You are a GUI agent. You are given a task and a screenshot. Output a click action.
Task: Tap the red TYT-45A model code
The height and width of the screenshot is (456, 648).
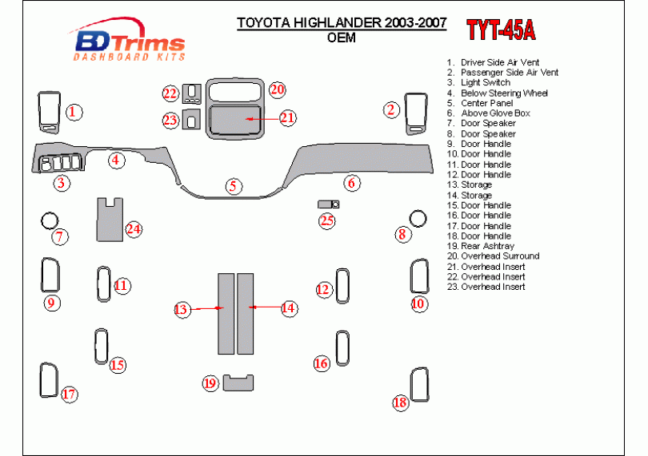pyautogui.click(x=501, y=30)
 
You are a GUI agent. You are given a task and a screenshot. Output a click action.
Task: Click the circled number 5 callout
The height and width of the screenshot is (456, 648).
pyautogui.click(x=234, y=186)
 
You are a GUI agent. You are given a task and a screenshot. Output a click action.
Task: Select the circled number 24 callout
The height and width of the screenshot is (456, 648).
pyautogui.click(x=134, y=230)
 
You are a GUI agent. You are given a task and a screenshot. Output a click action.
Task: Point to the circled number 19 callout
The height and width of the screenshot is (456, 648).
pyautogui.click(x=210, y=383)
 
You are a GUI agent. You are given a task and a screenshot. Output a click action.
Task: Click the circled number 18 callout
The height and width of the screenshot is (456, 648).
pyautogui.click(x=400, y=402)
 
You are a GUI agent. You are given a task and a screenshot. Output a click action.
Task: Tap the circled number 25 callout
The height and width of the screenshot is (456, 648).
pyautogui.click(x=327, y=220)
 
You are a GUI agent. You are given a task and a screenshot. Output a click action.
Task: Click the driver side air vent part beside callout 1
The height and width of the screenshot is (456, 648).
pyautogui.click(x=50, y=111)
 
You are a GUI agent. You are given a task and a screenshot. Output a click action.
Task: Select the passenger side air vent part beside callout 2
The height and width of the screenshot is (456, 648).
pyautogui.click(x=415, y=112)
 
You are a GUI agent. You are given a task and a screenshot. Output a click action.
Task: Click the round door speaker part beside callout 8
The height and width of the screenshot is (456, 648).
pyautogui.click(x=418, y=217)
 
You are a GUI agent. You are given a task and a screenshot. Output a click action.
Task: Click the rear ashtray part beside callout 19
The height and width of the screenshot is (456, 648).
pyautogui.click(x=238, y=383)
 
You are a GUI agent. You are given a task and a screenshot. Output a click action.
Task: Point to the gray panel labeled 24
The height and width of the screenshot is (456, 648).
pyautogui.click(x=110, y=220)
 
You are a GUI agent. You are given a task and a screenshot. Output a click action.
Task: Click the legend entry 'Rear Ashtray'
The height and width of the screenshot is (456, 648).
pyautogui.click(x=487, y=246)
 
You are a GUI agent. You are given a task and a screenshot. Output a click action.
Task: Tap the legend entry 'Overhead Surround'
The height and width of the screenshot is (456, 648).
pyautogui.click(x=500, y=256)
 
